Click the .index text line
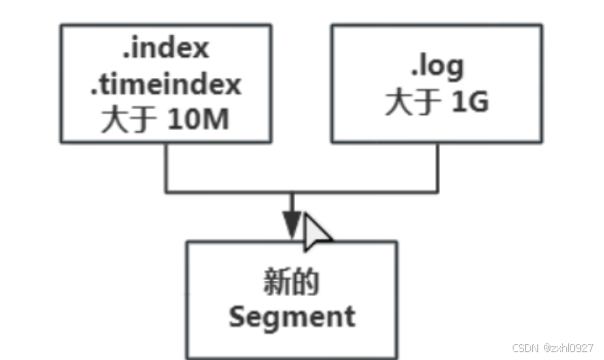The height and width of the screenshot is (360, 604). tap(167, 49)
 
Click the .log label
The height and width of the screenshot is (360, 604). tap(435, 66)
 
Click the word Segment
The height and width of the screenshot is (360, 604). tap(291, 317)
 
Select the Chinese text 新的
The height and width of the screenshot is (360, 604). tap(291, 284)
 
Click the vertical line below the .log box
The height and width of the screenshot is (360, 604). tap(436, 167)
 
